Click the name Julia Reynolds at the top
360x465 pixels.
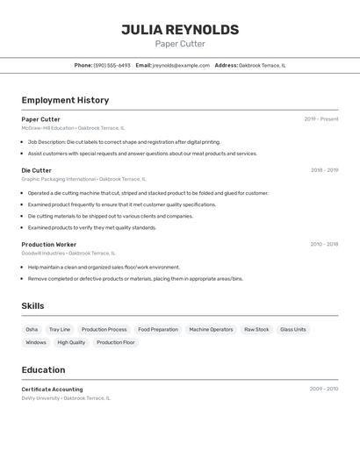(x=180, y=30)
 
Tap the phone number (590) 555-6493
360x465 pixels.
(x=112, y=65)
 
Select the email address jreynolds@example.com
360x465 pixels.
(x=181, y=65)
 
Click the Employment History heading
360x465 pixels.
(x=65, y=100)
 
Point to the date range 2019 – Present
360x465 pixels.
(x=320, y=119)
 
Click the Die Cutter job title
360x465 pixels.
(x=37, y=170)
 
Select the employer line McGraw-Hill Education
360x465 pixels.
(x=48, y=128)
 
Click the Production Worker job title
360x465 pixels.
(x=49, y=244)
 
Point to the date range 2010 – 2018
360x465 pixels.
(x=323, y=244)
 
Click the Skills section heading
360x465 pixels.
(x=33, y=305)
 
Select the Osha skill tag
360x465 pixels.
(x=32, y=329)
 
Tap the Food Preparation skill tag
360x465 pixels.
(x=158, y=329)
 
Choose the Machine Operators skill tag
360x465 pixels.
(x=211, y=329)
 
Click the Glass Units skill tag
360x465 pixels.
(x=292, y=329)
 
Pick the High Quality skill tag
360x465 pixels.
(x=71, y=342)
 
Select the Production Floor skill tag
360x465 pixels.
(x=115, y=342)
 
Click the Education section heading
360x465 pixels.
(x=43, y=369)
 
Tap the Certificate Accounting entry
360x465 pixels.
(x=52, y=389)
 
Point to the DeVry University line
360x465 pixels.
(x=41, y=397)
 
